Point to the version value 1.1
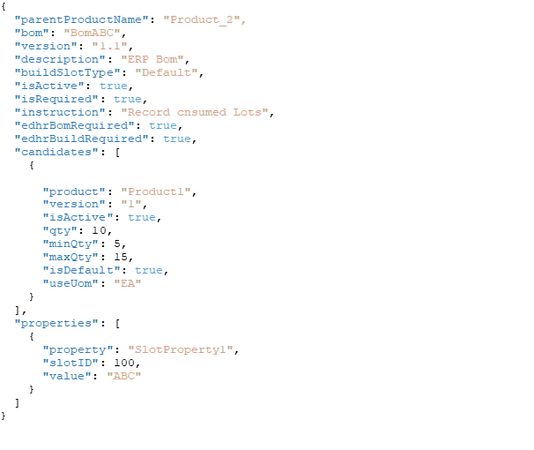[109, 46]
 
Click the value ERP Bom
[152, 59]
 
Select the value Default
[166, 72]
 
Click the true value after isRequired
[127, 99]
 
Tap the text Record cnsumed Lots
[194, 112]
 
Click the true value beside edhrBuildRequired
[176, 139]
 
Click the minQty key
[70, 244]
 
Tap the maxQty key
[70, 257]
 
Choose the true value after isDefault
[148, 270]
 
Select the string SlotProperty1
[180, 349]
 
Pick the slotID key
[70, 363]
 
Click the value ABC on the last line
[123, 376]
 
